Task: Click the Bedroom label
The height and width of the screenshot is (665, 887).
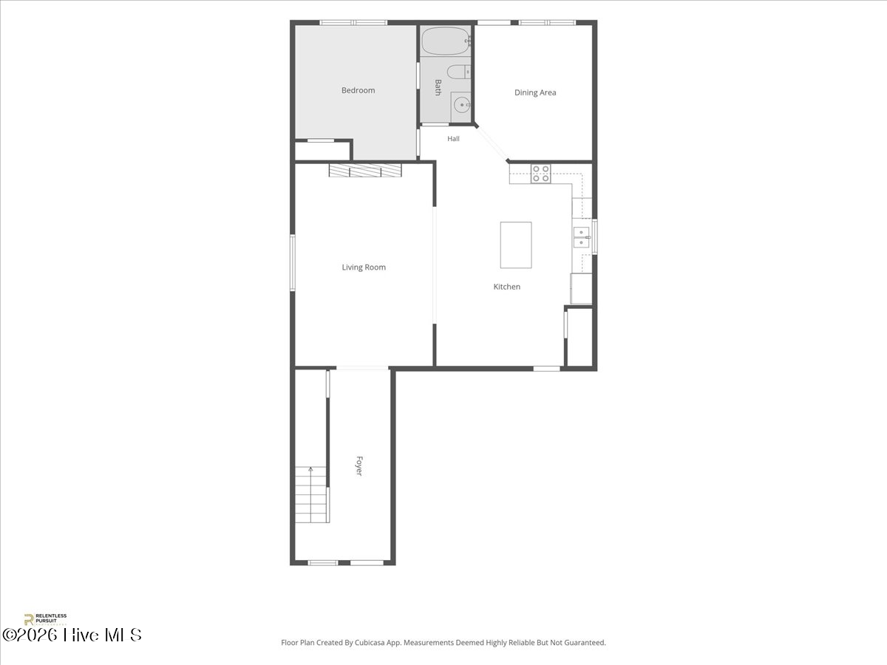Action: (x=358, y=90)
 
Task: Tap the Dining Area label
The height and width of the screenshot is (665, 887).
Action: (x=535, y=92)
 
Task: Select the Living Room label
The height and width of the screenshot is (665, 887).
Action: (x=364, y=267)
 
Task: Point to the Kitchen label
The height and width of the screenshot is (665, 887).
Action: (x=507, y=287)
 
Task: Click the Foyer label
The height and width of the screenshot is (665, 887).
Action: (x=359, y=466)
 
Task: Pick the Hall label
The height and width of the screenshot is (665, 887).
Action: (x=453, y=139)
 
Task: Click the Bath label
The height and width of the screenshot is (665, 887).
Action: (x=438, y=88)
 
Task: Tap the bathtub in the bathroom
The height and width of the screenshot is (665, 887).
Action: (x=445, y=41)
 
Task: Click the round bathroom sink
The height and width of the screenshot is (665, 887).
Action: (x=461, y=106)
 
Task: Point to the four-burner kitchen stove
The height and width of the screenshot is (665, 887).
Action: (x=540, y=174)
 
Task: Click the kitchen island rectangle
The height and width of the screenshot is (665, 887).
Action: (x=516, y=245)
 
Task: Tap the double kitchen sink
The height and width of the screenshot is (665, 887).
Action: (x=582, y=237)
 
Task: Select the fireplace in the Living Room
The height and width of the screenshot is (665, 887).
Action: (x=365, y=171)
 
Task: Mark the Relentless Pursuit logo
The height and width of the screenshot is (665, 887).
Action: (x=45, y=619)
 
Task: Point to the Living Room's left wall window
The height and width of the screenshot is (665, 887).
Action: (x=293, y=262)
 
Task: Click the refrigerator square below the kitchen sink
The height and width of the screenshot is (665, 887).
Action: (x=581, y=288)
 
